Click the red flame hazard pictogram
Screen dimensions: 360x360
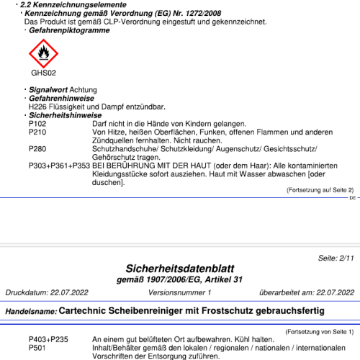click(43, 53)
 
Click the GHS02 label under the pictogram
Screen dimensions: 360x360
click(43, 73)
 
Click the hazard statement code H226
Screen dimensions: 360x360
click(38, 107)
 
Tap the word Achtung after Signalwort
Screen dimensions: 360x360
click(84, 90)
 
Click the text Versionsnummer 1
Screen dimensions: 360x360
click(179, 293)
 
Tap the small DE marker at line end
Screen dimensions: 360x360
click(352, 197)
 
